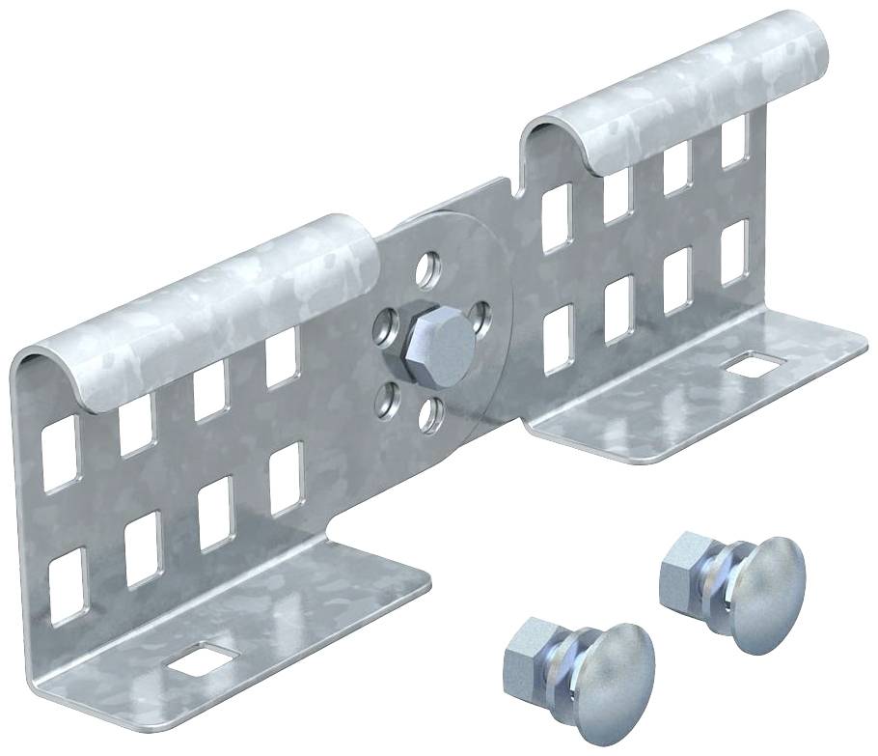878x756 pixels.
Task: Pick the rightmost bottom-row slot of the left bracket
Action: [x=286, y=479]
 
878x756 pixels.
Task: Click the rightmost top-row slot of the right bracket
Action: [x=734, y=142]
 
